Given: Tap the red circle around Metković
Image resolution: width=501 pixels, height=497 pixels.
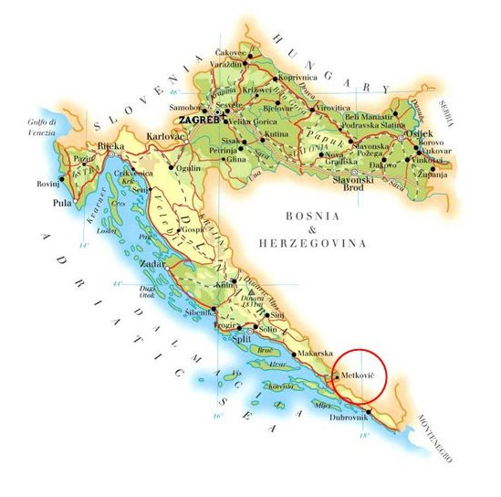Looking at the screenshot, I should pyautogui.click(x=360, y=376).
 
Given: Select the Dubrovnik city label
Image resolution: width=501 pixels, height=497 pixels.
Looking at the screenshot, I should pyautogui.click(x=350, y=418).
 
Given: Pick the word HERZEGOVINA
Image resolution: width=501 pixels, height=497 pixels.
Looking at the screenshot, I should pyautogui.click(x=313, y=244).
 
